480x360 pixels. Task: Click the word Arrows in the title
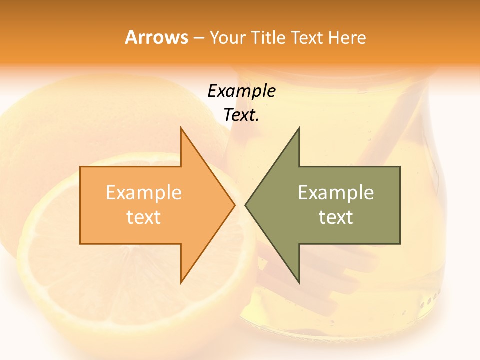tap(156, 37)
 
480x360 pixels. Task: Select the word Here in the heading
tap(347, 37)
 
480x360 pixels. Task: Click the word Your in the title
tap(228, 37)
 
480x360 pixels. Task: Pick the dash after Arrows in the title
tap(198, 38)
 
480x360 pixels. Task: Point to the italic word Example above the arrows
tap(241, 91)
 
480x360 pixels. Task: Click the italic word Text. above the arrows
tap(241, 115)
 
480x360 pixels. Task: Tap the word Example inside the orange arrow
tap(143, 192)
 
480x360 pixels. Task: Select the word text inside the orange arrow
tap(143, 217)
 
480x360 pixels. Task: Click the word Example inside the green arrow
tap(336, 192)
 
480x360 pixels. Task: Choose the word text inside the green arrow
tap(336, 217)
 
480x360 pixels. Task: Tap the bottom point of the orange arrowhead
tap(181, 282)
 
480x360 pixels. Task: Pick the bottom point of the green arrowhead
tap(299, 282)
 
